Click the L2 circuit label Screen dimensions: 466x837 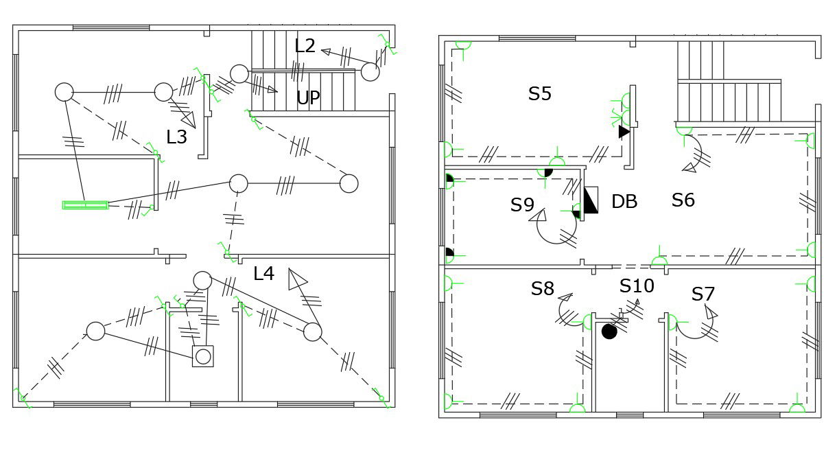(305, 46)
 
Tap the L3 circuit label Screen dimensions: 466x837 (176, 137)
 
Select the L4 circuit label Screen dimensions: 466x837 (263, 274)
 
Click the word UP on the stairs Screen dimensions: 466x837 (308, 98)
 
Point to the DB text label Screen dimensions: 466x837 (624, 202)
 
